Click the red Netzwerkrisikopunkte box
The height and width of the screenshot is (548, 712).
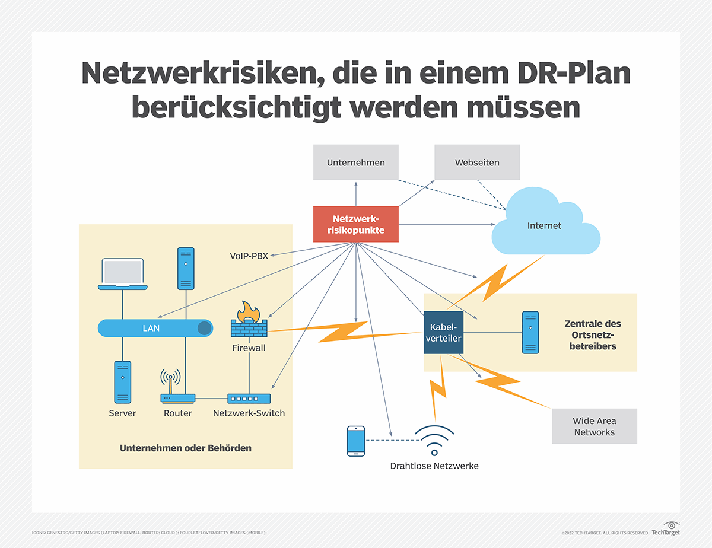coord(355,224)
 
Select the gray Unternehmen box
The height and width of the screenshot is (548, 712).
coord(355,163)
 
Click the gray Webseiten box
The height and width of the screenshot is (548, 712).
coord(476,163)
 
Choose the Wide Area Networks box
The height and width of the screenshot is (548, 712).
coord(594,426)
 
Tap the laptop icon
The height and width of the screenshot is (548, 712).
coord(123,275)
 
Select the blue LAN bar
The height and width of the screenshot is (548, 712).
coord(155,327)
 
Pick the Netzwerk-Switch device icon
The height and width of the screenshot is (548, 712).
coord(249,399)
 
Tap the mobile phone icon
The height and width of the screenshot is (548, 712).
coord(356,441)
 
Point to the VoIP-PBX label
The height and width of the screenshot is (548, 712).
coord(249,256)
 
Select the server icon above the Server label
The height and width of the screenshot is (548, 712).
coord(123,382)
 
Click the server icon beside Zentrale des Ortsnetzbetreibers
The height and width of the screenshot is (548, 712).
coord(530,333)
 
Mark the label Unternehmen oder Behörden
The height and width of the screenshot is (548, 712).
coord(186,448)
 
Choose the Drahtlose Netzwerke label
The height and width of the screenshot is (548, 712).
coord(434,466)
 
